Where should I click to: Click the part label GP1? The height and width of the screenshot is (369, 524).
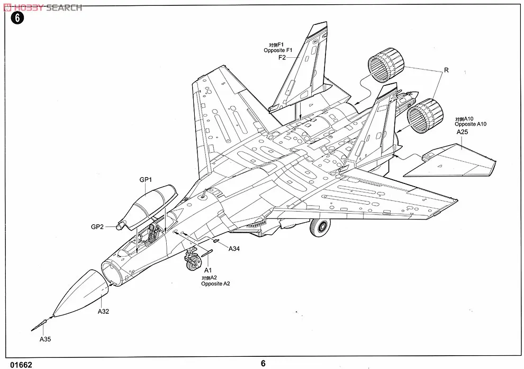coord(146,180)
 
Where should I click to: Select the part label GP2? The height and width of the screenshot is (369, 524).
coord(97,227)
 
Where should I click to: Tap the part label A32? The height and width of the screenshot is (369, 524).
coord(103,311)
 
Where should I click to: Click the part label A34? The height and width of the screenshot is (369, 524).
coord(234,249)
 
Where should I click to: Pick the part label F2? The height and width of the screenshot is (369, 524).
coord(282,57)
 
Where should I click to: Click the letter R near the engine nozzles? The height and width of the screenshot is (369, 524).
coord(446,69)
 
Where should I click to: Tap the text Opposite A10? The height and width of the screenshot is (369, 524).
coord(471,124)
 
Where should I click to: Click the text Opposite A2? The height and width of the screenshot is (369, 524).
coord(215,284)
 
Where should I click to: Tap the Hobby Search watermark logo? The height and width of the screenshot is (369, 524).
coord(42,7)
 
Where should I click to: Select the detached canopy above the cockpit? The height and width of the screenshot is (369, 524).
coord(151,204)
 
